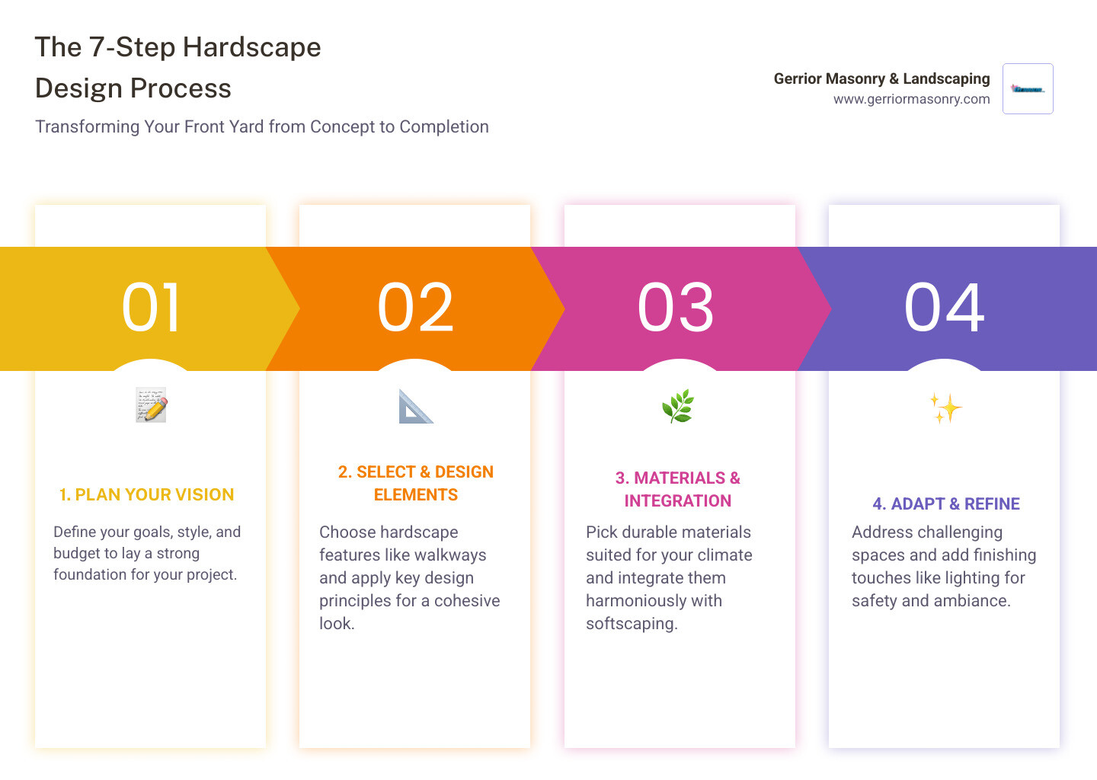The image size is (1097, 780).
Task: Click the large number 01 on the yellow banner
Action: pyautogui.click(x=150, y=308)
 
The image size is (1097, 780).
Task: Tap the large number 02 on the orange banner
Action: pyautogui.click(x=415, y=308)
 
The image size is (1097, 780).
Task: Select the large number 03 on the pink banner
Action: pyautogui.click(x=675, y=308)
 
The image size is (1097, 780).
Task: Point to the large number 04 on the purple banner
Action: pyautogui.click(x=944, y=308)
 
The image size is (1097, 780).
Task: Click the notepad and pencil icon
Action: pyautogui.click(x=152, y=405)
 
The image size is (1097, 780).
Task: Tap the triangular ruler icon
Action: pyautogui.click(x=415, y=406)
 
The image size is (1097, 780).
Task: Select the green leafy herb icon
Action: pyautogui.click(x=678, y=406)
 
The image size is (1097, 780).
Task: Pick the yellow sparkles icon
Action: pyautogui.click(x=945, y=408)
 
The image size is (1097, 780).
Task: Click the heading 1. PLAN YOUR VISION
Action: pyautogui.click(x=146, y=494)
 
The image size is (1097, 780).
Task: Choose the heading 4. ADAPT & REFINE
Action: pyautogui.click(x=946, y=503)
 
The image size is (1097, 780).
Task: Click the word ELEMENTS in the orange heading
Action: pyautogui.click(x=416, y=494)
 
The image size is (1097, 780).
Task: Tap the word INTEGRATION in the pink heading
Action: pyautogui.click(x=678, y=500)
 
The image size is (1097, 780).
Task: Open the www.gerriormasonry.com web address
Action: pyautogui.click(x=911, y=99)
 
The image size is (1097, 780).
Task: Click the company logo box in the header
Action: pyautogui.click(x=1028, y=88)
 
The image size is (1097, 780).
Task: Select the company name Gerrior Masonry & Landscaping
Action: pyautogui.click(x=881, y=78)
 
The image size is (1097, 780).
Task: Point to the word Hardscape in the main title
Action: pyautogui.click(x=251, y=47)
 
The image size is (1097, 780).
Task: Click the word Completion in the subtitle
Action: pyautogui.click(x=444, y=126)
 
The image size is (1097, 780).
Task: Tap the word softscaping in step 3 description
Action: pyautogui.click(x=632, y=624)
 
